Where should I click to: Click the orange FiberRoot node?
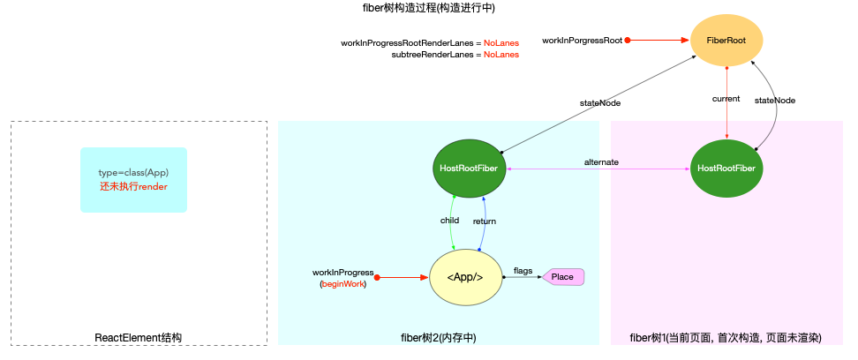tap(726, 41)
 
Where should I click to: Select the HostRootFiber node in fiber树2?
tap(470, 168)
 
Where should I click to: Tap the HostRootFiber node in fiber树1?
tap(726, 168)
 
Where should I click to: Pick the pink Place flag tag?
tap(563, 277)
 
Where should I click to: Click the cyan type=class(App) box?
tap(133, 179)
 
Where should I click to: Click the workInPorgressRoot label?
tap(582, 41)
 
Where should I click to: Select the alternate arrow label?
tap(601, 161)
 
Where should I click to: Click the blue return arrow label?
tap(484, 221)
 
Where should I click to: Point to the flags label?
tap(523, 271)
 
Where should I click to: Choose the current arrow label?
tap(726, 98)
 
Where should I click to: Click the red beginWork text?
tap(342, 284)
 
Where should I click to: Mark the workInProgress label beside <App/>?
tap(343, 272)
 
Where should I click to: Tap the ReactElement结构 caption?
tap(139, 338)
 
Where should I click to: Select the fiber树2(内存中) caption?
tap(439, 338)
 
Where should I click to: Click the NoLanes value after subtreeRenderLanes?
tap(501, 55)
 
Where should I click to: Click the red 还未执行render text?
tap(133, 187)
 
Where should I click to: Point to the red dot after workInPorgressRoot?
tap(628, 41)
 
